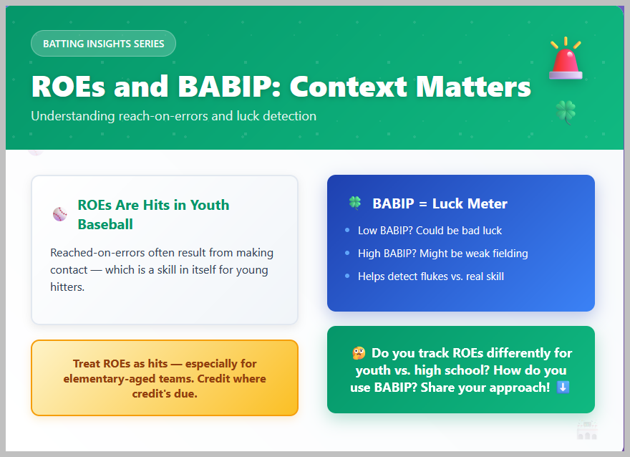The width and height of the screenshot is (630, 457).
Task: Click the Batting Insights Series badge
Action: tap(103, 44)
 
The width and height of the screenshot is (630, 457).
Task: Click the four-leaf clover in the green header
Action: tap(566, 112)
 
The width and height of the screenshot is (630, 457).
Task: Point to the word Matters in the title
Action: tap(473, 87)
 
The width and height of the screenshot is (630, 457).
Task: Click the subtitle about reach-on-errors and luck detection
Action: tap(173, 116)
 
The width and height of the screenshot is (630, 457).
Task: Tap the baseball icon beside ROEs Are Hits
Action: tap(60, 214)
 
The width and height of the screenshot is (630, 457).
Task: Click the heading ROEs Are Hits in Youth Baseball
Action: tap(153, 214)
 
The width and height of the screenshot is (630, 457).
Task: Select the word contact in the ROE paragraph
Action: tap(69, 270)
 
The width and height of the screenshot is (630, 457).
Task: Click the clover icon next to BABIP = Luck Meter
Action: tap(355, 203)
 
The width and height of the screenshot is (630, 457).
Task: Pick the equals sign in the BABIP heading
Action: tap(423, 203)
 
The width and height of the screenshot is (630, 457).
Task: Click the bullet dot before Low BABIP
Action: tap(347, 230)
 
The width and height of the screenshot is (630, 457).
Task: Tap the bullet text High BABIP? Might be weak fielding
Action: tap(442, 254)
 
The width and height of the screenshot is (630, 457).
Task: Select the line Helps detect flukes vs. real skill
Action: tap(431, 276)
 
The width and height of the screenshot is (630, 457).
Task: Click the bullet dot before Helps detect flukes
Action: tap(347, 276)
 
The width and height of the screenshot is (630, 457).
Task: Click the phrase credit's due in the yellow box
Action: tap(165, 394)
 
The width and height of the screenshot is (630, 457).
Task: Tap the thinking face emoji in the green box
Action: tap(359, 353)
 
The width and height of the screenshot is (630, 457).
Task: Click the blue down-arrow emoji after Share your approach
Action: tap(563, 387)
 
